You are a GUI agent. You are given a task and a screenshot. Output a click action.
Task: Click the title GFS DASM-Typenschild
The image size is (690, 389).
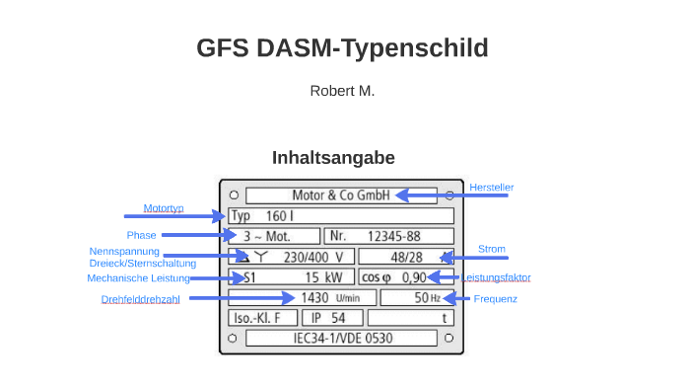[x=342, y=47]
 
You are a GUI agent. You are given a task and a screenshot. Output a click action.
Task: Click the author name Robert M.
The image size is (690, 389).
[x=342, y=91]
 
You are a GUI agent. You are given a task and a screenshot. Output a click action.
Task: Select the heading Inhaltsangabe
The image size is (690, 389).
[x=333, y=158]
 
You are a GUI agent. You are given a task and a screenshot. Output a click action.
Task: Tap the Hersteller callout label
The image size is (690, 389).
[x=491, y=187]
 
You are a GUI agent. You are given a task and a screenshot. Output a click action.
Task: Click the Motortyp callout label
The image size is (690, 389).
[x=164, y=208]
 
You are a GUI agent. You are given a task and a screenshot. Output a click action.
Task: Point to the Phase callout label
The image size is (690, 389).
[x=141, y=235]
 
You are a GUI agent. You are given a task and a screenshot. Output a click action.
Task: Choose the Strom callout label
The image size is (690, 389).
[x=491, y=249]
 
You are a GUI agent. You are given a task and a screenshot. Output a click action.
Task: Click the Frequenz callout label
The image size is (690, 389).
[x=495, y=298]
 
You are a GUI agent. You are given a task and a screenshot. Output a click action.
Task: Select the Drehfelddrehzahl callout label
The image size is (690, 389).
[x=140, y=299]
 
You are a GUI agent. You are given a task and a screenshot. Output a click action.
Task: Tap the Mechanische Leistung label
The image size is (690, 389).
[x=138, y=278]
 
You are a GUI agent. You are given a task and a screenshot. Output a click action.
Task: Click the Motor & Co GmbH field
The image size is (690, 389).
[x=341, y=194]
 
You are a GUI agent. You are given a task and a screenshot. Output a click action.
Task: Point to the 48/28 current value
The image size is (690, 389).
[x=405, y=257]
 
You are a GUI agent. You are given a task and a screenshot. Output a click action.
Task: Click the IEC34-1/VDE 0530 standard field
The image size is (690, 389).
[x=341, y=338]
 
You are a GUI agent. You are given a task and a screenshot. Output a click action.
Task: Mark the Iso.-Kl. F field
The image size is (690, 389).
[x=262, y=318]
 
